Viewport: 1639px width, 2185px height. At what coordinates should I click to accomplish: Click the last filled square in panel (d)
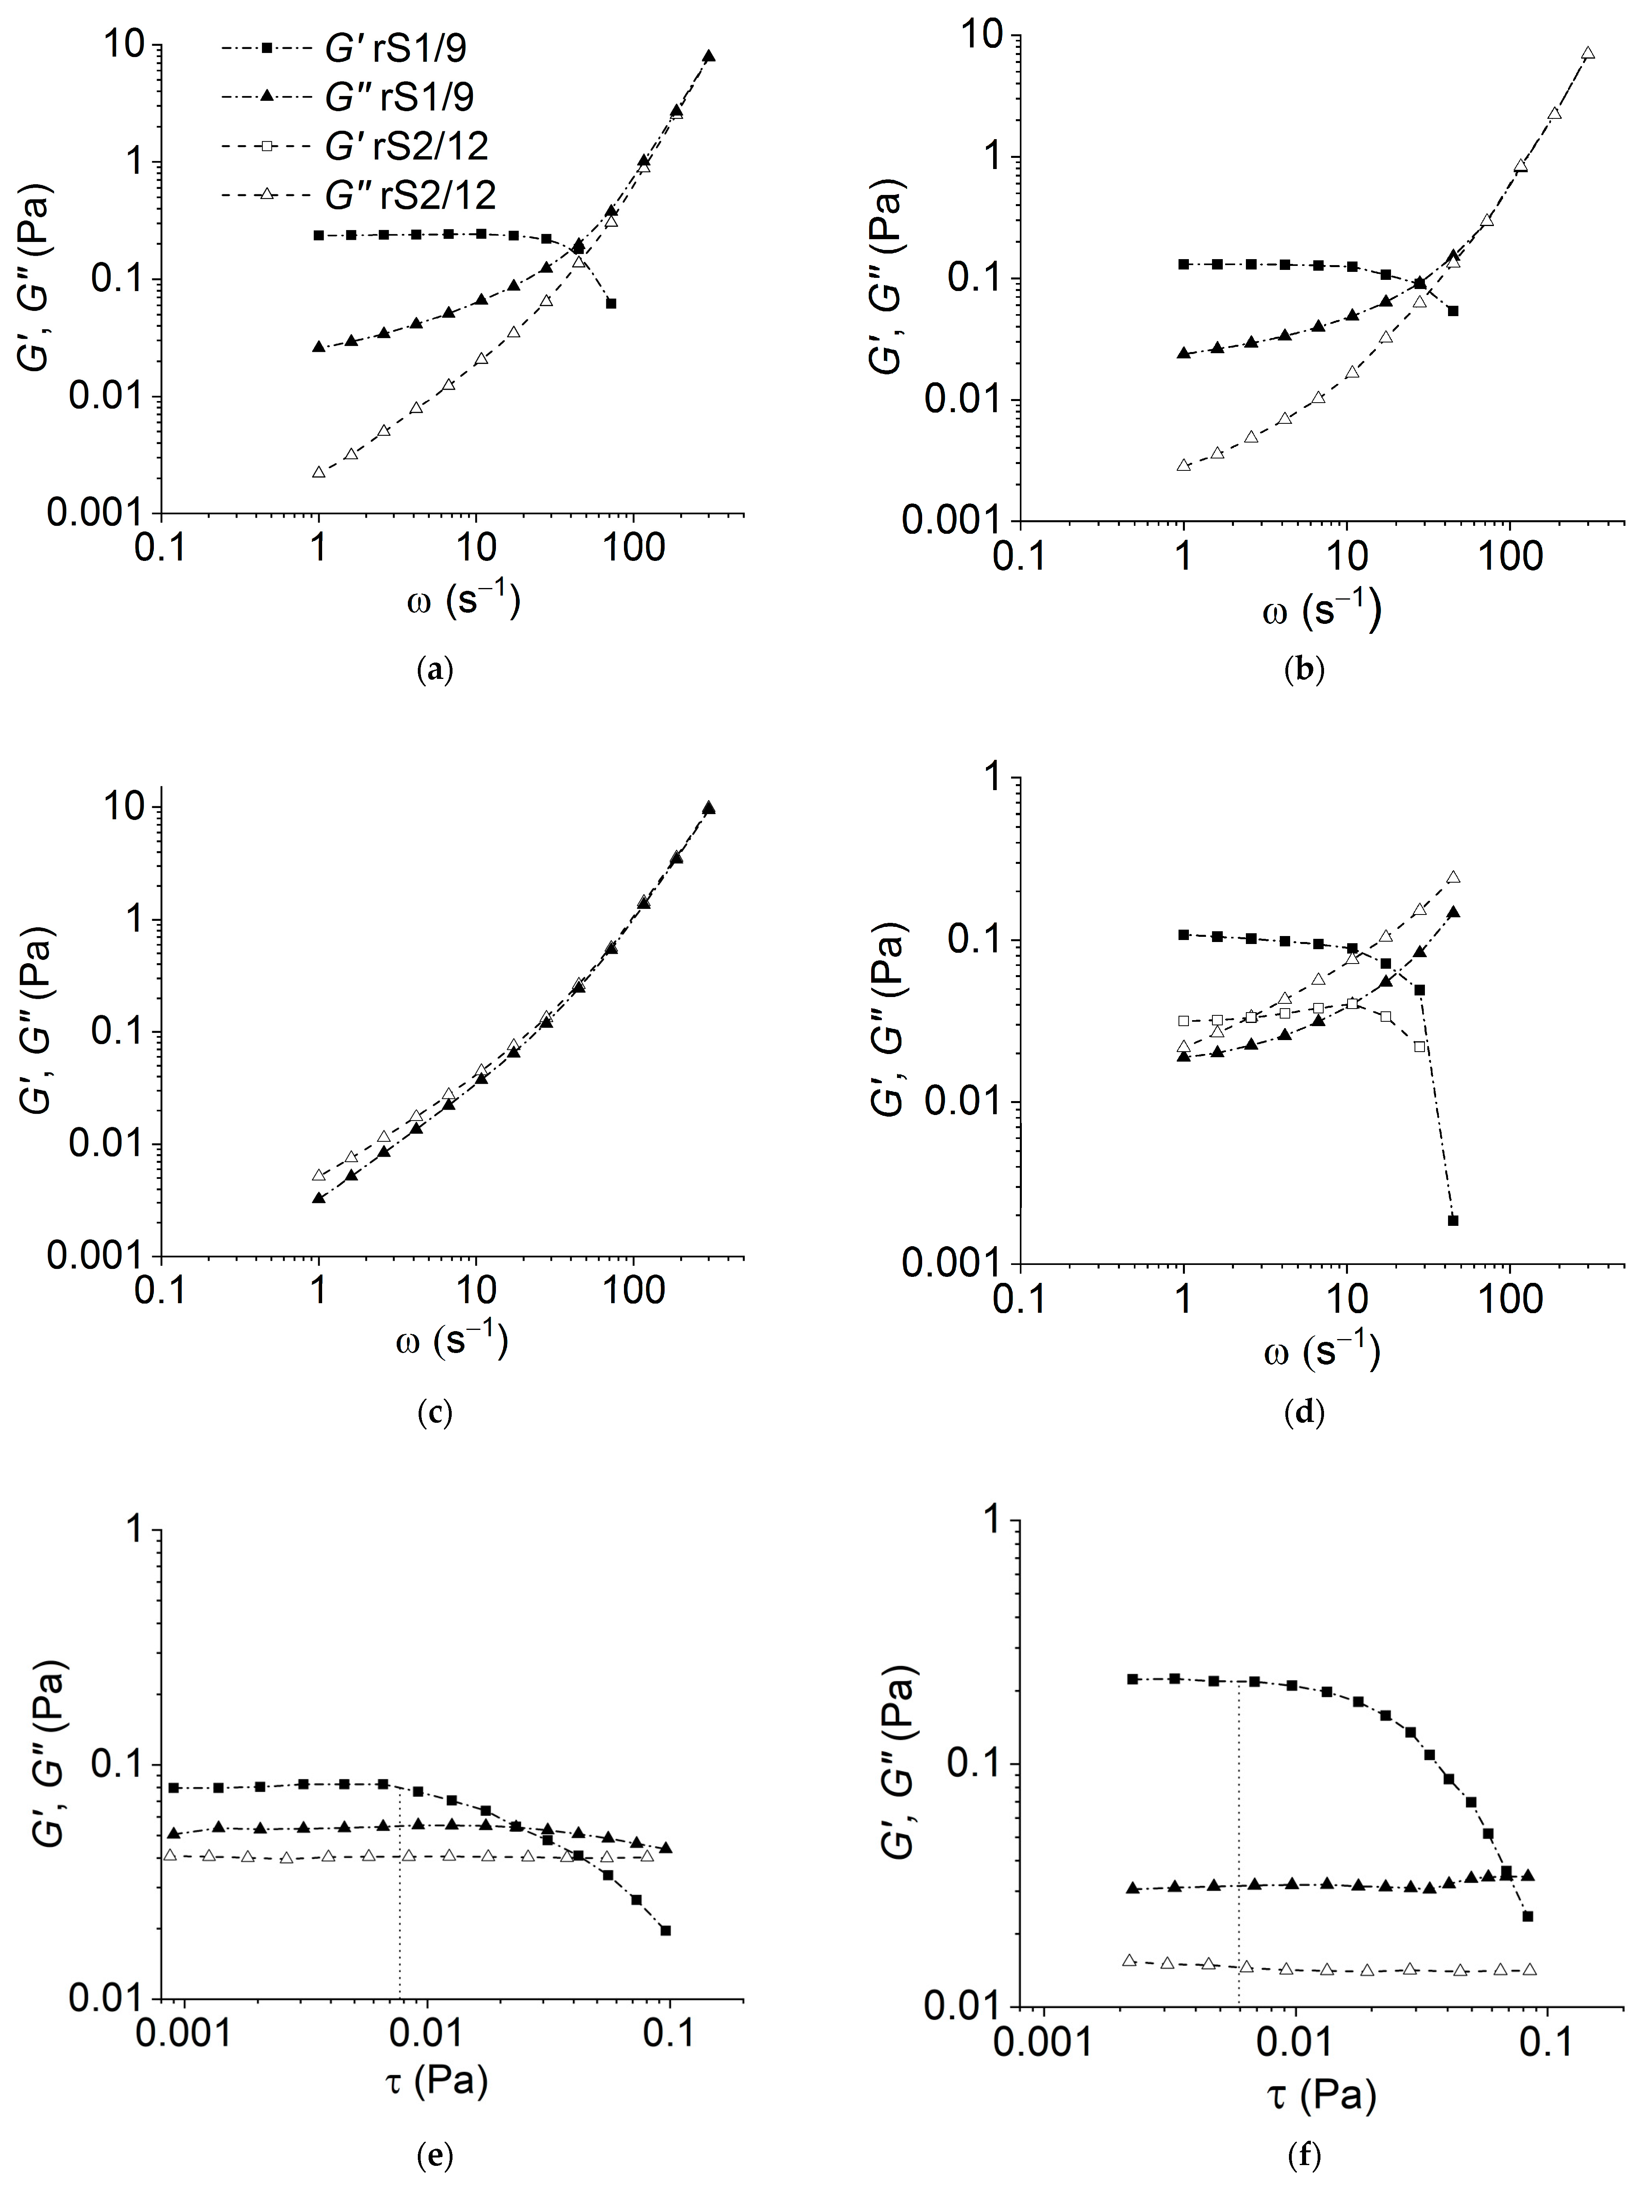[x=1452, y=1220]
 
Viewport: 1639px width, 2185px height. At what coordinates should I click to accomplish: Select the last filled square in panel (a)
[x=612, y=303]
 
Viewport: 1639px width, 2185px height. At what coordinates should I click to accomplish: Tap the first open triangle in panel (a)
[x=318, y=472]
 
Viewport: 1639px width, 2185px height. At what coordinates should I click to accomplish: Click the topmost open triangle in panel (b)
[x=1588, y=53]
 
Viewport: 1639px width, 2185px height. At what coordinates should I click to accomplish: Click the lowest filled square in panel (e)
[x=666, y=1930]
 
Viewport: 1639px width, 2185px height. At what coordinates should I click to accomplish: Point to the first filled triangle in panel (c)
[x=318, y=1197]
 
